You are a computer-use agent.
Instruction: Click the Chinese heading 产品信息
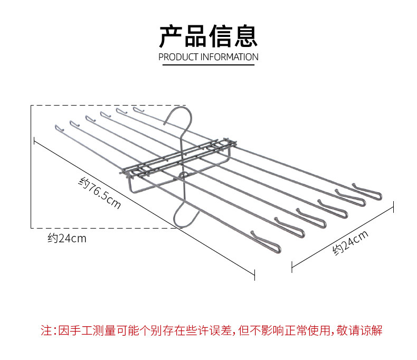(208, 36)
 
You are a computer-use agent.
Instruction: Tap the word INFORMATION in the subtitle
(229, 57)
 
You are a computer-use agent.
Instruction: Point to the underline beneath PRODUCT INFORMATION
(208, 64)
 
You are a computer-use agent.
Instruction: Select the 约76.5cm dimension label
(99, 193)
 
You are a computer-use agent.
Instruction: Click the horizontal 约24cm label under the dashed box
(67, 238)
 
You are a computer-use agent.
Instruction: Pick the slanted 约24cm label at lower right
(350, 242)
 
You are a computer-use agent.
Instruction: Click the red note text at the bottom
(212, 330)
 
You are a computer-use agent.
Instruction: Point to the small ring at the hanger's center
(184, 175)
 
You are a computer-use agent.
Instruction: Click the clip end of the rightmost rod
(368, 192)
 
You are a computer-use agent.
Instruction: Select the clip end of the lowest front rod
(266, 242)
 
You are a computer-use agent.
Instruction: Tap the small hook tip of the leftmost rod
(59, 128)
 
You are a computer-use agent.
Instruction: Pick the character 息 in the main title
(246, 36)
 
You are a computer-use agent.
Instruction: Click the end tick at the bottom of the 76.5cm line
(254, 274)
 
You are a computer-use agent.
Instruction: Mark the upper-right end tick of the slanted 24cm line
(393, 206)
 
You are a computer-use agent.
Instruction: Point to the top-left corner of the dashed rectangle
(31, 106)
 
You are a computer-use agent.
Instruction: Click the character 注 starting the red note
(46, 330)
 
